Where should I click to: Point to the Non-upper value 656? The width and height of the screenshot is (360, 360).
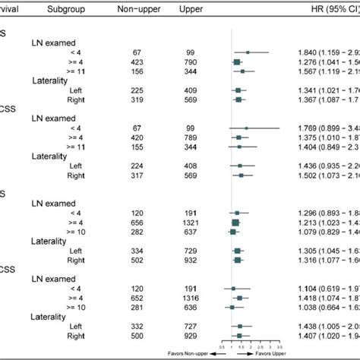137,223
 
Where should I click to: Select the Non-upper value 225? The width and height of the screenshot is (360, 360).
137,90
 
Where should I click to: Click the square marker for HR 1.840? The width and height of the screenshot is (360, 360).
247,52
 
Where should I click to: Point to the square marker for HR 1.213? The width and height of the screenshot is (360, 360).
235,223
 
